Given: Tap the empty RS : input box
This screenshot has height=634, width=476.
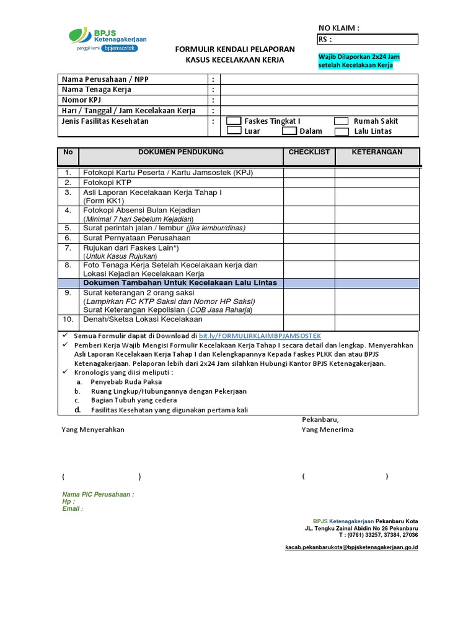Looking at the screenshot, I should [374, 40].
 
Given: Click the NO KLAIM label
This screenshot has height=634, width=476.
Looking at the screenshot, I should [338, 28].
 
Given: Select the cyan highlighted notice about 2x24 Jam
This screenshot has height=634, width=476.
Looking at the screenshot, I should [359, 61].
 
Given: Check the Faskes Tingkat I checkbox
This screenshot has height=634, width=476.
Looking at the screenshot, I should [234, 121].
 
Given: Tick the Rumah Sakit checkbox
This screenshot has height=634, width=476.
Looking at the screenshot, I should [342, 121].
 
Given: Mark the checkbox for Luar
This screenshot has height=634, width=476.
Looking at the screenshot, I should [234, 131].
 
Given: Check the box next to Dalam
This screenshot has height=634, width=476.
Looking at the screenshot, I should [289, 131].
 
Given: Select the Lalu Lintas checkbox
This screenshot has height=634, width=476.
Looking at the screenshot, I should [342, 131].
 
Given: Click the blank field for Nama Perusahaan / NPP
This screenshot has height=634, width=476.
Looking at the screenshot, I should [320, 79].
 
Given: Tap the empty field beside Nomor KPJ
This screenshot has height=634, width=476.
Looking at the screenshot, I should [320, 100].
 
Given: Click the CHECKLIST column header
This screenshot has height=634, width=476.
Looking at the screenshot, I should [309, 152].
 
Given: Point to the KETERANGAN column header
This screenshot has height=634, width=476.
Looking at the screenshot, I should [377, 152].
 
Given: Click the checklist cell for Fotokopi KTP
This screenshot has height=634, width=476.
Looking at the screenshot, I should [309, 183].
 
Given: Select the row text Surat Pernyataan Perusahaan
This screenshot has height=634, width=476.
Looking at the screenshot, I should [137, 238].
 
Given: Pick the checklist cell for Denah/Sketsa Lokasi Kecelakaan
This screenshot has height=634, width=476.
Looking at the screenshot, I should [309, 320].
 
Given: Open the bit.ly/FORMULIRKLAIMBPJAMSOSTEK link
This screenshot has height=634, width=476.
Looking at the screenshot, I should [260, 335].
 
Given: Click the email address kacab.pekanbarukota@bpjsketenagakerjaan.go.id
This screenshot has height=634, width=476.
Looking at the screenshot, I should [351, 547].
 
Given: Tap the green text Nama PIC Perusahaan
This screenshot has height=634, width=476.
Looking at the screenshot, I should [98, 495].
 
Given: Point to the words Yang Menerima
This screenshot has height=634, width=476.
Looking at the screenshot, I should [327, 430].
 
